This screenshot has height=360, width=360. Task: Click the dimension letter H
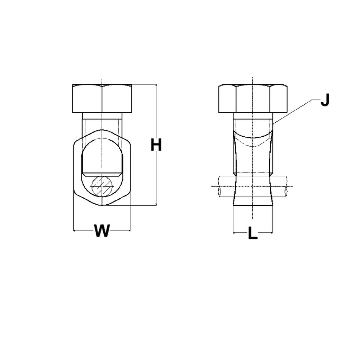click(156, 145)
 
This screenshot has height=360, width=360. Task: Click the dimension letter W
click(102, 231)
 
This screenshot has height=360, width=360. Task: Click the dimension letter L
click(252, 233)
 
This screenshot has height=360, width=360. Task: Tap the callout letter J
click(325, 101)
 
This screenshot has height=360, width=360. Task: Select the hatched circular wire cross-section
click(102, 186)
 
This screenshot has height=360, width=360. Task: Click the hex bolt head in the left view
click(102, 98)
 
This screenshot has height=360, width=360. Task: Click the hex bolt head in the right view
click(252, 98)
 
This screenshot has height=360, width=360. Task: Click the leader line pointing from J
click(292, 111)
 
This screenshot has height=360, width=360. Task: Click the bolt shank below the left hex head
click(102, 121)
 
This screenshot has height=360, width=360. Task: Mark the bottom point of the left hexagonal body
click(102, 205)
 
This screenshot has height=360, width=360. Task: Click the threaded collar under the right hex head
click(252, 116)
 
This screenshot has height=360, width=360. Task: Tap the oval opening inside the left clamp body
click(102, 155)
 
